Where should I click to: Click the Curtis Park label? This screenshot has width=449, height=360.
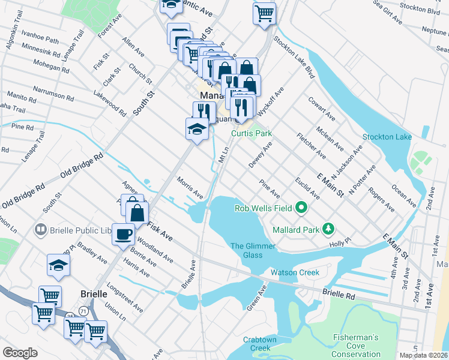coord(252,133)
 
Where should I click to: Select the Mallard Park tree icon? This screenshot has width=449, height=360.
coord(328,228)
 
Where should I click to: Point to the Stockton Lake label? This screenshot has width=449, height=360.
coord(387,137)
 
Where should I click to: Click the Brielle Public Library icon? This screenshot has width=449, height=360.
coord(41,229)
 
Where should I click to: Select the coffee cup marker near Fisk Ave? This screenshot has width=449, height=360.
coord(123,233)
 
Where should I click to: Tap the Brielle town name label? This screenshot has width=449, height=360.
coord(94,294)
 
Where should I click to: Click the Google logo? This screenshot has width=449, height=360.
coord(20,353)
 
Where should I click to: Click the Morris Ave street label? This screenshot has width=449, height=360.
coord(190,188)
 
